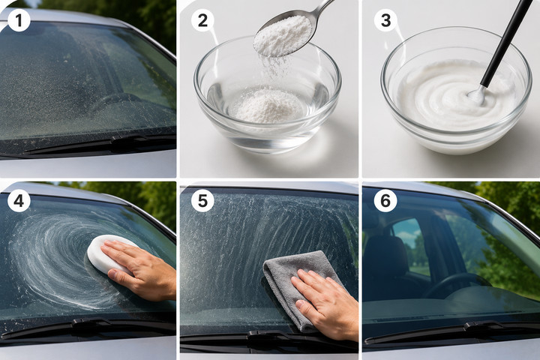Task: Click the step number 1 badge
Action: [19, 20]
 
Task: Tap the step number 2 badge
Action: [202, 20]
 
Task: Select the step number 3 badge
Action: [385, 20]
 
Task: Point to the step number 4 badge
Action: [19, 200]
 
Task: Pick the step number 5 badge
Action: [202, 200]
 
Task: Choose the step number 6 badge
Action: [385, 200]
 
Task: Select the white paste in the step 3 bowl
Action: [448, 97]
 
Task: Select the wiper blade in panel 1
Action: [100, 144]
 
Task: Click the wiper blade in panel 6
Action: [451, 331]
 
